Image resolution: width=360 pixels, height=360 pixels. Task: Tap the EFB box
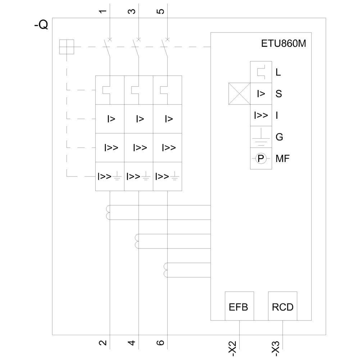[239, 306]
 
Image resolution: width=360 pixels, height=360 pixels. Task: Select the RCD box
[283, 306]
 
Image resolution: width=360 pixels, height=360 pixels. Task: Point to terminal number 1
[103, 11]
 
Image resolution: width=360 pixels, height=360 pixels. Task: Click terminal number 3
[132, 11]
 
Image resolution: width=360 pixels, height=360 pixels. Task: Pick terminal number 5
[161, 11]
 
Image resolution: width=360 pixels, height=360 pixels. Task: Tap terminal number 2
[103, 342]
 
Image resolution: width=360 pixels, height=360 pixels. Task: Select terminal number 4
[132, 342]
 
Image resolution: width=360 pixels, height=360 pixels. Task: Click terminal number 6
[161, 342]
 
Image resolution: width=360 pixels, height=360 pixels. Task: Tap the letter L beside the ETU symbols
[278, 72]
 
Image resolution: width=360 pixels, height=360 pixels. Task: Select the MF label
[283, 158]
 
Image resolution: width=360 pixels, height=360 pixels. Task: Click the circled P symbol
[261, 158]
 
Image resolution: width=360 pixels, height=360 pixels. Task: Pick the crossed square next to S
[239, 94]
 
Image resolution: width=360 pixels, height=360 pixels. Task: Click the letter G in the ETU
[279, 137]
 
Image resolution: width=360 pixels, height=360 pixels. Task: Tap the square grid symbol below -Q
[67, 47]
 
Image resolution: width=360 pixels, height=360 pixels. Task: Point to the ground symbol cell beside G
[261, 137]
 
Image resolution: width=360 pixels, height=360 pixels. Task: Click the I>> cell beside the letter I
[261, 116]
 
